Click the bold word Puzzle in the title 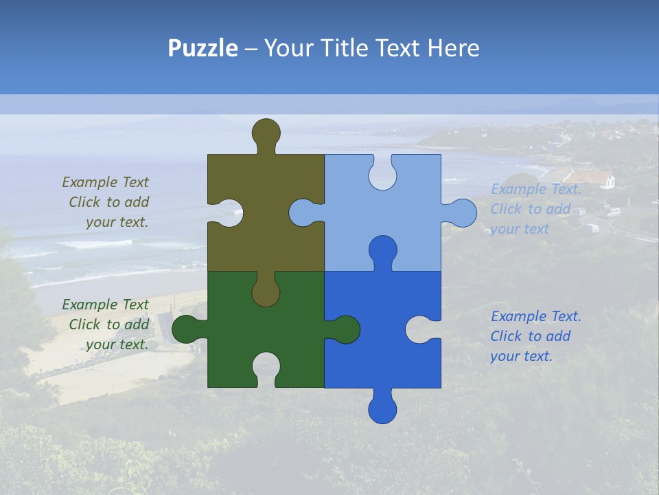(x=203, y=48)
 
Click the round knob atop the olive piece (x=266, y=133)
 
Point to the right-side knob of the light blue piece (x=462, y=213)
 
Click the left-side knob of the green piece (x=186, y=329)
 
